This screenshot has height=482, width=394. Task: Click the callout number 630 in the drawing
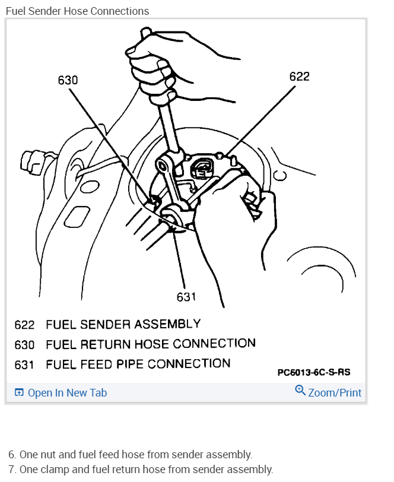coord(68,80)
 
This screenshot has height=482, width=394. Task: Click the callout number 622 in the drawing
coord(299,77)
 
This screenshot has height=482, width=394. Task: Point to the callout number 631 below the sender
coord(186,296)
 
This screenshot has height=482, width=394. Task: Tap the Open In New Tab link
coord(67,392)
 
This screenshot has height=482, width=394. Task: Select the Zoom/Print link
coord(335,392)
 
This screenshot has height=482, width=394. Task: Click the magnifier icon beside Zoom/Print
coord(300,391)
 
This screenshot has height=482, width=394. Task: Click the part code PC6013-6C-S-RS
coord(313,373)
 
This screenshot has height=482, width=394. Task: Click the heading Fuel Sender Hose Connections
coord(77,11)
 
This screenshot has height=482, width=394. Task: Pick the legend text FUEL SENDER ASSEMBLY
coord(123,324)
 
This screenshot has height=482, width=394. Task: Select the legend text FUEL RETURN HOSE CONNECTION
coord(150,344)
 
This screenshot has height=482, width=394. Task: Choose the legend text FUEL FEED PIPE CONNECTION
coord(138,363)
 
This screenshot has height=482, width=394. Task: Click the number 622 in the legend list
coord(24,325)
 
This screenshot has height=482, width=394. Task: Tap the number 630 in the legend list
coord(24,344)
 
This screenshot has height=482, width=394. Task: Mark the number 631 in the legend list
coord(24,364)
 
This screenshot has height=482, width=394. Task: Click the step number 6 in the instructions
coord(11,455)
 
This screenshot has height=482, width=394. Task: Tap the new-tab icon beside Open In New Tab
coord(19,392)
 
